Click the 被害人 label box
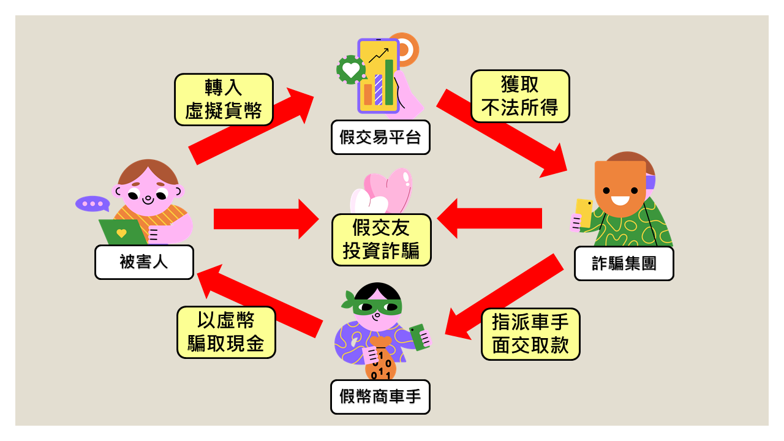click(144, 262)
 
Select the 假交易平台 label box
click(380, 137)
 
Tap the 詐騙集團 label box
click(624, 263)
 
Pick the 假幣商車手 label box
click(380, 397)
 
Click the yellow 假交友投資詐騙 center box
click(381, 239)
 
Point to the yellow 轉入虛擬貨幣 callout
click(224, 99)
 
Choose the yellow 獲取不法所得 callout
click(520, 96)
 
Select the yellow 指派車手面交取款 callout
click(530, 334)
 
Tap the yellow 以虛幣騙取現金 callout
click(226, 332)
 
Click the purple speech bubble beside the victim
click(92, 204)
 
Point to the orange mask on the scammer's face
click(620, 187)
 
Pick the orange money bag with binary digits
click(380, 361)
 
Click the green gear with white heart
click(351, 69)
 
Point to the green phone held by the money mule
click(420, 337)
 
